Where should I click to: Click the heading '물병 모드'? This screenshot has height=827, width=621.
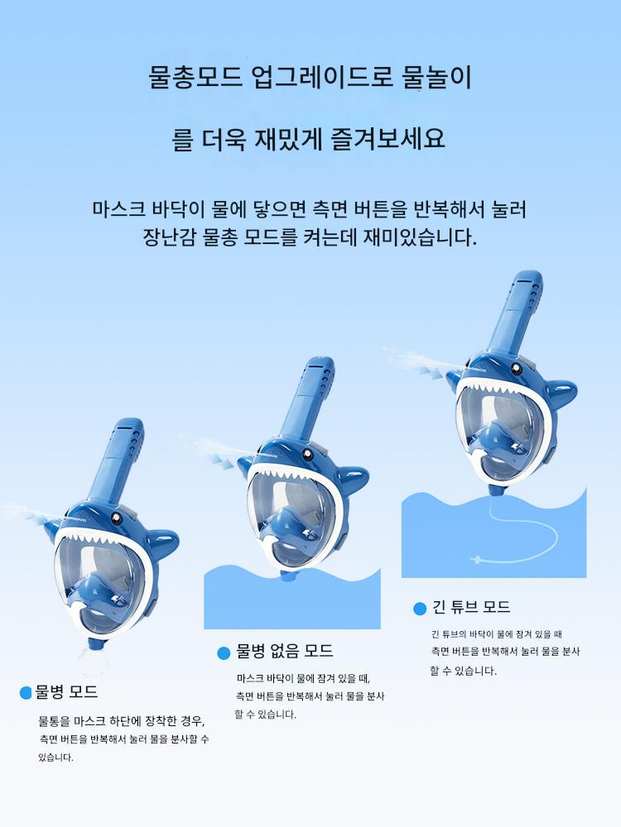click(x=66, y=691)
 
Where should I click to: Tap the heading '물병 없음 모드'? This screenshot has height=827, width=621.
click(x=285, y=651)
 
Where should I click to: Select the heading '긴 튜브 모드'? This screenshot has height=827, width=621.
click(x=471, y=607)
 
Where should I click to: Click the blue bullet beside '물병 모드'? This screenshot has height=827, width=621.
click(x=26, y=692)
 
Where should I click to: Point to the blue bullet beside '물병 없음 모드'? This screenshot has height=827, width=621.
click(x=224, y=653)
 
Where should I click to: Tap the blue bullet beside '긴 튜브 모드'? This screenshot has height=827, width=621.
click(x=420, y=609)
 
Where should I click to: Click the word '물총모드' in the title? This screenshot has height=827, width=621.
click(x=195, y=77)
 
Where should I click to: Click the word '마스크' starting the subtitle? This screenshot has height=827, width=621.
click(x=118, y=209)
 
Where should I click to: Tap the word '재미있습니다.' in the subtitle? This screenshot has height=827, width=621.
click(x=421, y=237)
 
